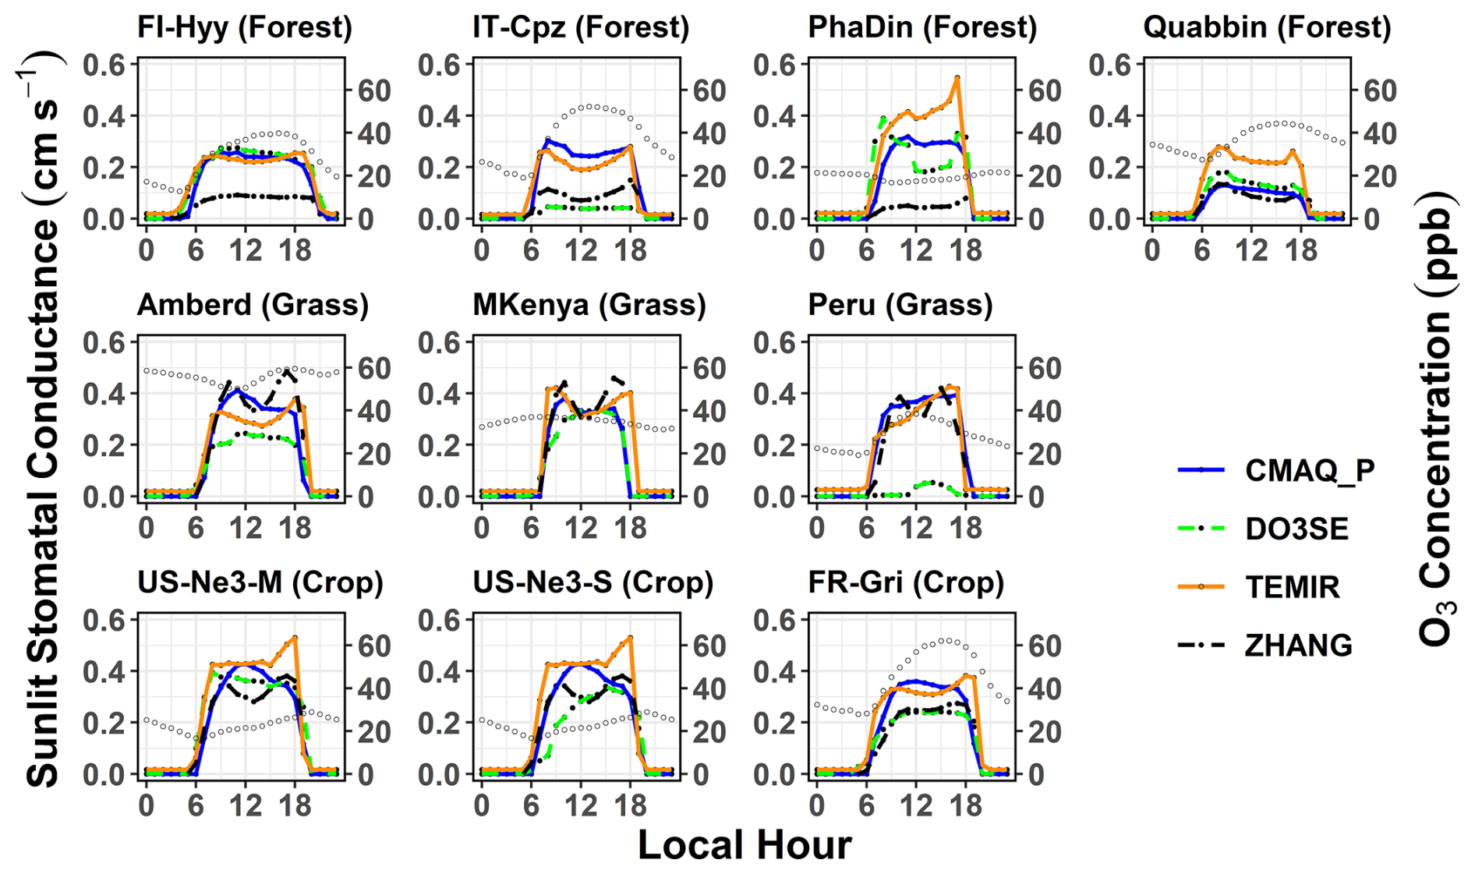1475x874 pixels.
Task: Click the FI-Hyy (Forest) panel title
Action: tap(245, 27)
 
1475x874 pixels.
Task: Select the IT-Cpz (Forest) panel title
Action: tap(581, 27)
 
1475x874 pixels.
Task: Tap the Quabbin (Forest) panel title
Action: tap(1267, 27)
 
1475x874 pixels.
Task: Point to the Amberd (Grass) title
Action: tap(253, 305)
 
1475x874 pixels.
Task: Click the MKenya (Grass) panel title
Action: tap(589, 305)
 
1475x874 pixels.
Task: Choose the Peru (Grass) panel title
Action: tap(900, 305)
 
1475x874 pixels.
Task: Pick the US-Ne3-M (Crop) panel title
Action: tap(260, 582)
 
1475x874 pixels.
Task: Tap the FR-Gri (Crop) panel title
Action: tap(906, 582)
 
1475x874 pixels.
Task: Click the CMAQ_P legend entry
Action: tap(1310, 470)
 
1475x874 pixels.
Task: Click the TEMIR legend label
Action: tap(1293, 587)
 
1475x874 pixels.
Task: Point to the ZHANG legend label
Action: tap(1299, 645)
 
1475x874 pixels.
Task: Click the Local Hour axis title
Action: tap(745, 844)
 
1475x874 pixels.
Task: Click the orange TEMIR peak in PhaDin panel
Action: tap(957, 78)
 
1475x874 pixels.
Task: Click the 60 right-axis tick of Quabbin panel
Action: tap(1379, 90)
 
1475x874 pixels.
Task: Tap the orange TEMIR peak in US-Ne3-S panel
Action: tap(630, 637)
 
